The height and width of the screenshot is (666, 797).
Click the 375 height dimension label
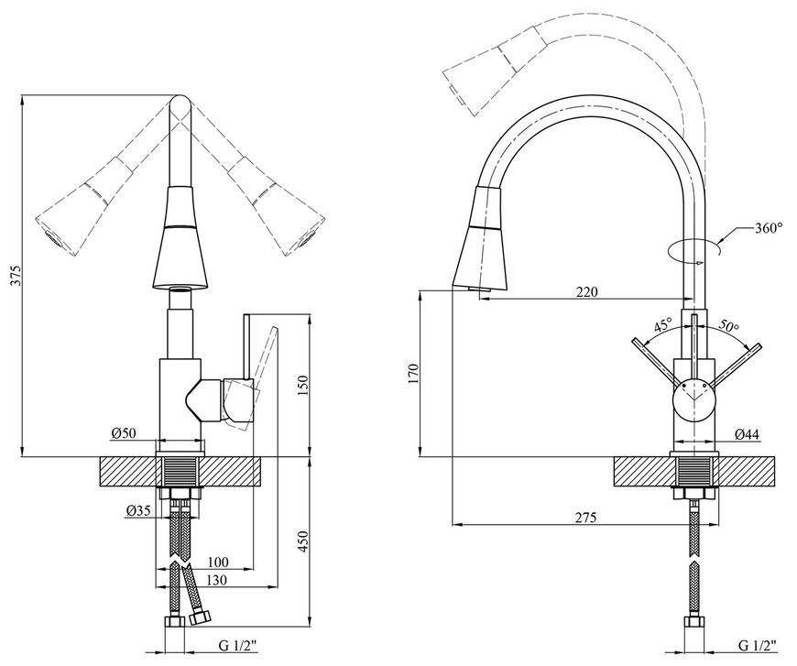tap(16, 275)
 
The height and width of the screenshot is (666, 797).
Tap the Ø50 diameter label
tap(124, 433)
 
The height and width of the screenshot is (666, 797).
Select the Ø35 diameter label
tap(137, 511)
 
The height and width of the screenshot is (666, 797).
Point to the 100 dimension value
tap(218, 562)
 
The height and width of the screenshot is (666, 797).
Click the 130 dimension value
tap(216, 580)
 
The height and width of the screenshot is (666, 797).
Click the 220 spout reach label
tap(587, 292)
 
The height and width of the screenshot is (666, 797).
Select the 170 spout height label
tap(412, 374)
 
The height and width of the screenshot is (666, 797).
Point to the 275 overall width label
tap(586, 518)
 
